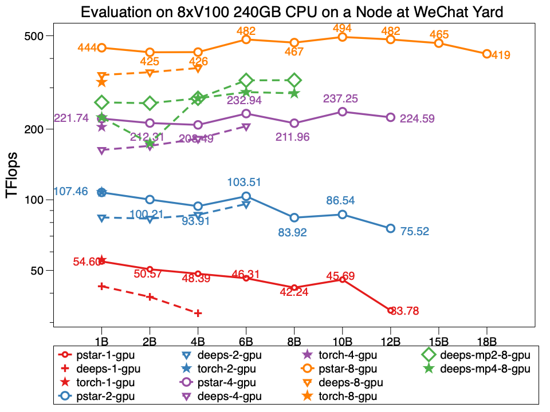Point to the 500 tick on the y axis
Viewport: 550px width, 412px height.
(x=37, y=36)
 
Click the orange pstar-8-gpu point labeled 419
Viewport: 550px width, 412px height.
(x=486, y=54)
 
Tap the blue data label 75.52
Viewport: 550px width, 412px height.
(x=415, y=232)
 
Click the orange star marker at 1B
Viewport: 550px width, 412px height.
(x=101, y=82)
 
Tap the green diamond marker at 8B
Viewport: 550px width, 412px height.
(x=294, y=80)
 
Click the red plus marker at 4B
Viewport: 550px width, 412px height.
(x=198, y=313)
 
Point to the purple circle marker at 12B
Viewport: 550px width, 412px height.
(x=390, y=117)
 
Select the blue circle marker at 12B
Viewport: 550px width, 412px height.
(x=390, y=228)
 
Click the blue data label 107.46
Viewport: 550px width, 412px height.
(x=71, y=191)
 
